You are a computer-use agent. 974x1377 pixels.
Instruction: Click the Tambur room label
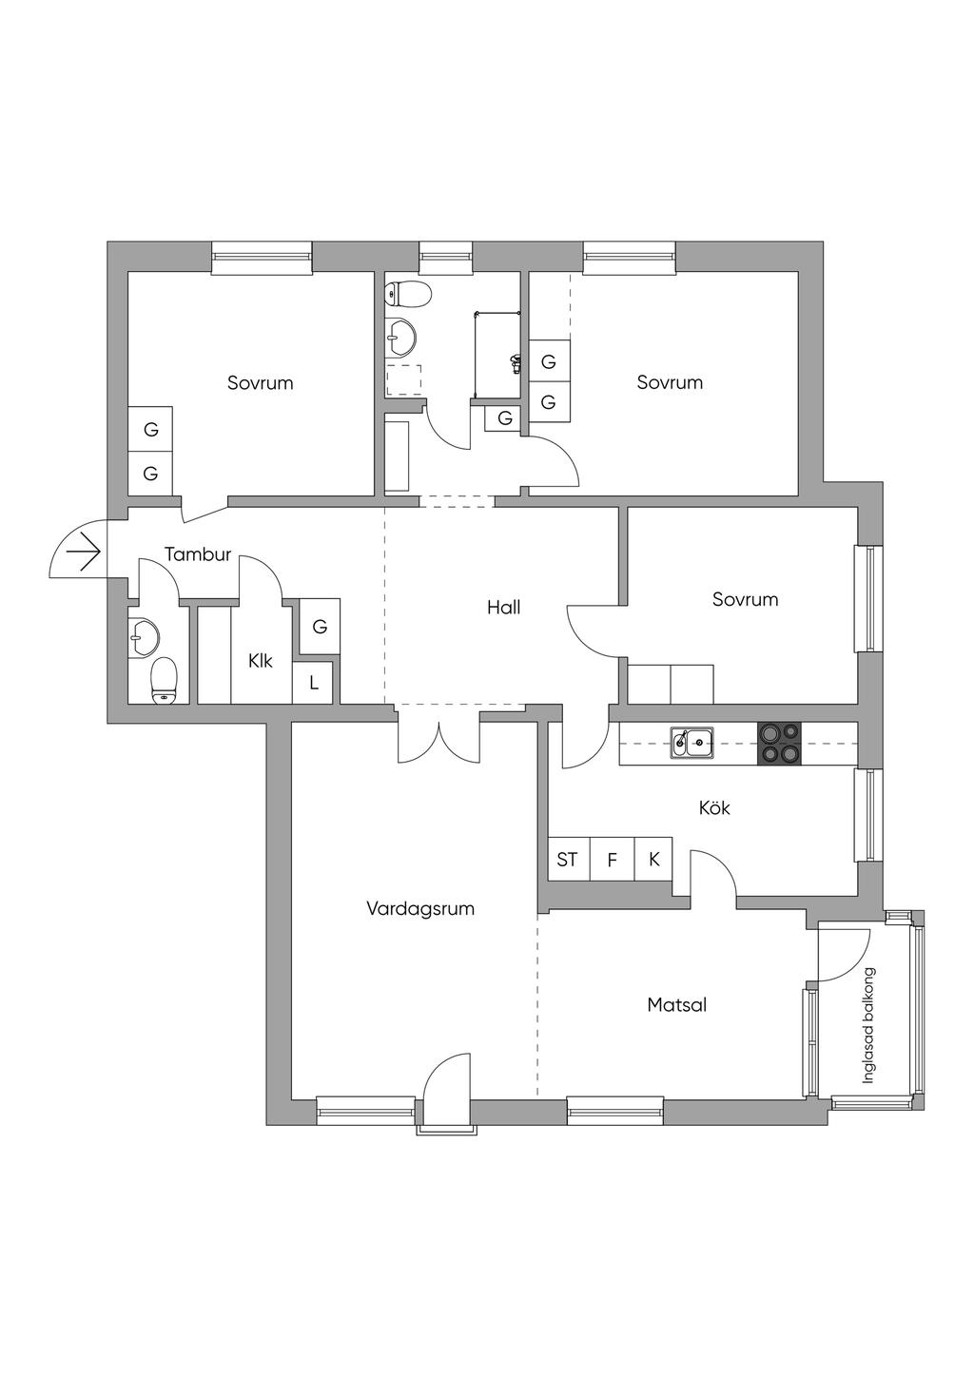[x=198, y=554]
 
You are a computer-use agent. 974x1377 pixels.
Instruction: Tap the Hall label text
[x=503, y=608]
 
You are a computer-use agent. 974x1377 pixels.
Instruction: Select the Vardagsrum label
[x=420, y=908]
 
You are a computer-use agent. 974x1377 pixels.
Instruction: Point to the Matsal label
[x=676, y=1004]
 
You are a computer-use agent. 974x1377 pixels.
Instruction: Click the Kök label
[x=714, y=808]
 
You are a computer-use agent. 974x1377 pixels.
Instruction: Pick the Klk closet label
[x=261, y=661]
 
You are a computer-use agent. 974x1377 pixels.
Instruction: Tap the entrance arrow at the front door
[x=84, y=552]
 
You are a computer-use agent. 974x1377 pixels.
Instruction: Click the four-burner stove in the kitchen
[x=779, y=744]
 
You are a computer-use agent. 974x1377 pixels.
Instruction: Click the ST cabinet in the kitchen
[x=568, y=860]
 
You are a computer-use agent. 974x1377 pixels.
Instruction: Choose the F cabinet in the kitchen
[x=613, y=860]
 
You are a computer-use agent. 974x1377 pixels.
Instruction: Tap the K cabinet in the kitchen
[x=654, y=860]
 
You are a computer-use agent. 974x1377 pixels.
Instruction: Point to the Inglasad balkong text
[x=868, y=1026]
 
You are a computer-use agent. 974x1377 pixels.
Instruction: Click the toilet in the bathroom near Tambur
[x=165, y=680]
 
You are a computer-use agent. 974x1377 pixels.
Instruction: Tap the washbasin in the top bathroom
[x=400, y=335]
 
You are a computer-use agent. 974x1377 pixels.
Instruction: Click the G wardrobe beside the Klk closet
[x=320, y=627]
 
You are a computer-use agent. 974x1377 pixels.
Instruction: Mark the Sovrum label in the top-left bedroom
[x=260, y=383]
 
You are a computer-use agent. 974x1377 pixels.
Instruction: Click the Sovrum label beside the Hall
[x=745, y=599]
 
